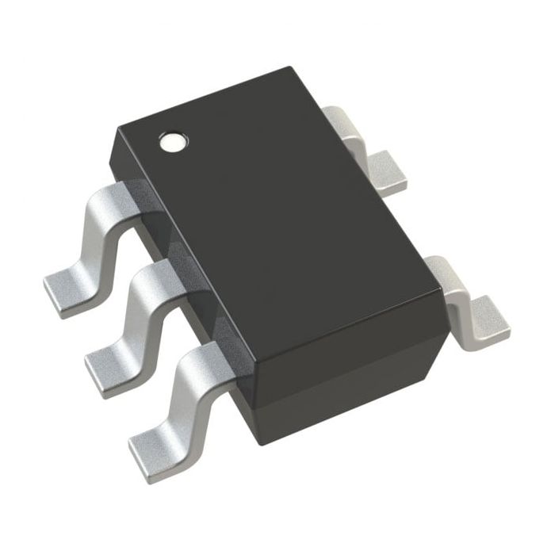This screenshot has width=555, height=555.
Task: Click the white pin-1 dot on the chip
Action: click(173, 143)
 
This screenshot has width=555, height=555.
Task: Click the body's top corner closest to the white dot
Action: click(117, 127)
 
